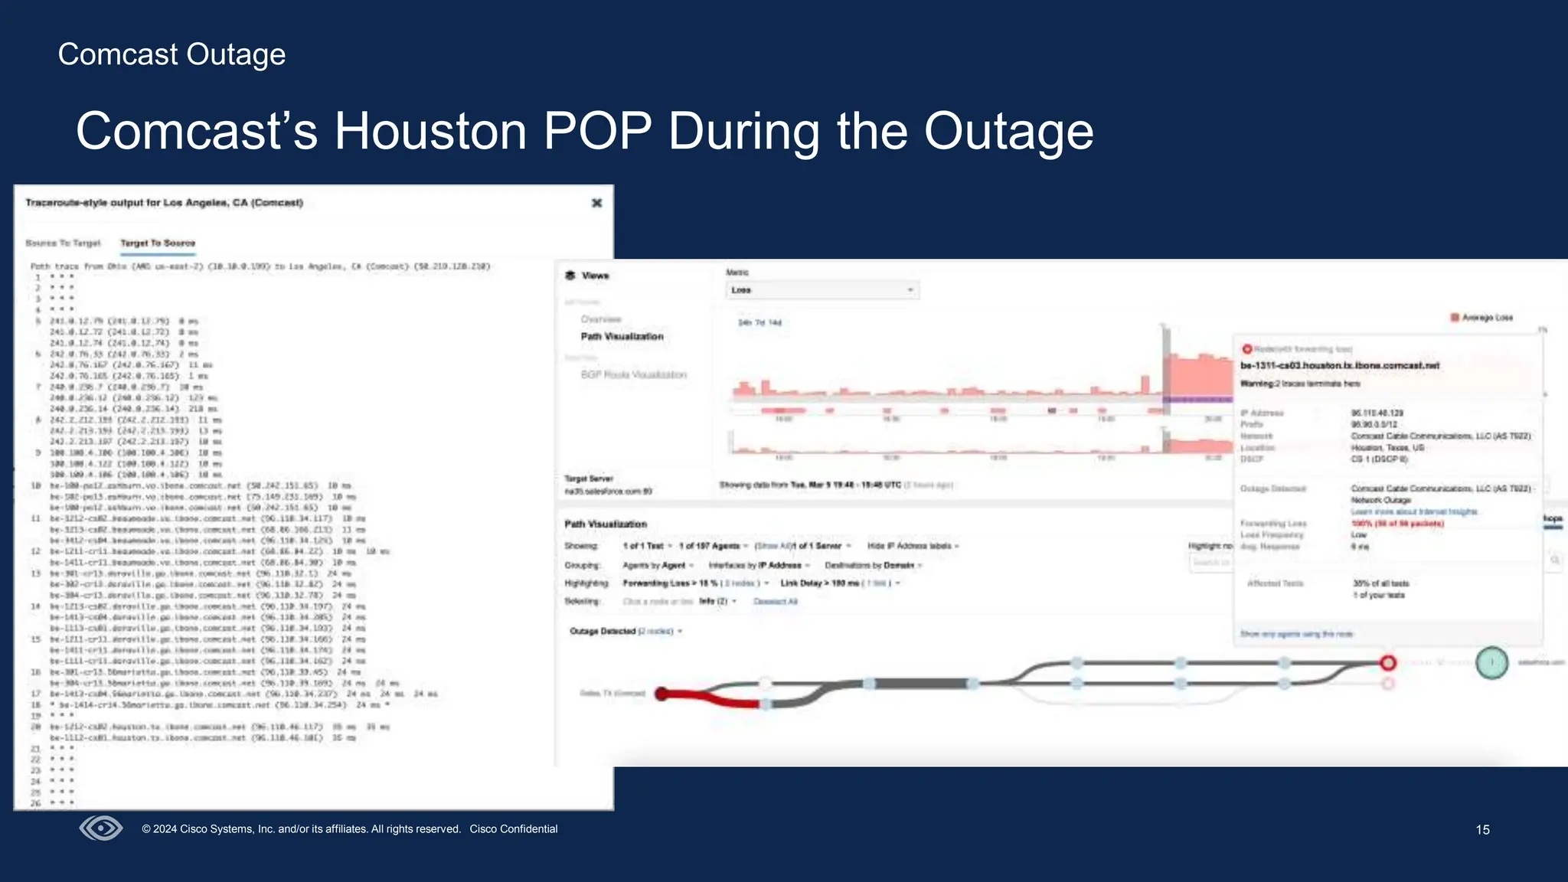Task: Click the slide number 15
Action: pyautogui.click(x=1482, y=830)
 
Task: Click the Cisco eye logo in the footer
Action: pyautogui.click(x=101, y=828)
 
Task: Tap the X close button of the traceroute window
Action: pyautogui.click(x=597, y=203)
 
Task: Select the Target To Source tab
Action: pyautogui.click(x=158, y=243)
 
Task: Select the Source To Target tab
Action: pyautogui.click(x=63, y=243)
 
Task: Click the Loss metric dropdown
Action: pyautogui.click(x=822, y=290)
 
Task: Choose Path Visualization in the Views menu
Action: pyautogui.click(x=622, y=337)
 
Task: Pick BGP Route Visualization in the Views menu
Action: pyautogui.click(x=633, y=375)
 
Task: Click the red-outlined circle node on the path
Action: pyautogui.click(x=1388, y=663)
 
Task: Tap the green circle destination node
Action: pyautogui.click(x=1491, y=663)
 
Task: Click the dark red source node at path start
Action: pyautogui.click(x=662, y=694)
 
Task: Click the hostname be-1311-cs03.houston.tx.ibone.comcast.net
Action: pyautogui.click(x=1340, y=366)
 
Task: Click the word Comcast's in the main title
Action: pyautogui.click(x=197, y=132)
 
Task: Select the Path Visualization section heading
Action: pyautogui.click(x=606, y=524)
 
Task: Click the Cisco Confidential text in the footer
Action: pyautogui.click(x=514, y=829)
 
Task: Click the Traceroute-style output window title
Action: pyautogui.click(x=165, y=203)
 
